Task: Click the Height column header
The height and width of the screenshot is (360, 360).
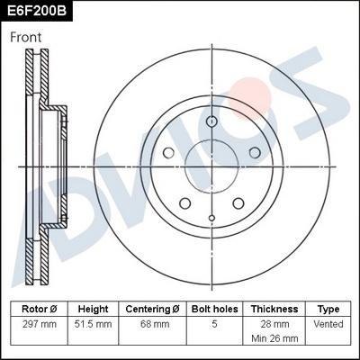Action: coord(93,308)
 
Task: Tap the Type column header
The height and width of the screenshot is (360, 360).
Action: coord(328,308)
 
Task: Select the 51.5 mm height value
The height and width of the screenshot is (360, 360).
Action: coord(93,323)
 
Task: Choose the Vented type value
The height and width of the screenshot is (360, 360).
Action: coord(328,323)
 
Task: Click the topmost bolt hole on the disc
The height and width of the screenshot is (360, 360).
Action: coord(211,122)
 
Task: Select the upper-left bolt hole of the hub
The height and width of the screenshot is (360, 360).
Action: coord(168,154)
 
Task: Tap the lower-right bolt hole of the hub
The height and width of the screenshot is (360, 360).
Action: coord(238,204)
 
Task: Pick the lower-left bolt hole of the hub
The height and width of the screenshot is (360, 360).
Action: coord(184,204)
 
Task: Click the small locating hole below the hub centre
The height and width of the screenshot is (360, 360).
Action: coord(211,218)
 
